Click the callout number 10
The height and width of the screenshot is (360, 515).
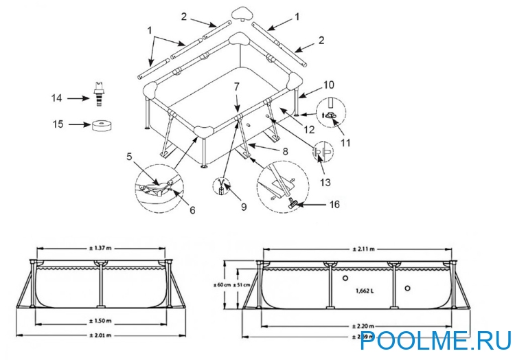tap(329, 85)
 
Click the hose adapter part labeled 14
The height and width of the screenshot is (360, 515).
tap(100, 97)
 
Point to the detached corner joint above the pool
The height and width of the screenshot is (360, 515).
tap(240, 13)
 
